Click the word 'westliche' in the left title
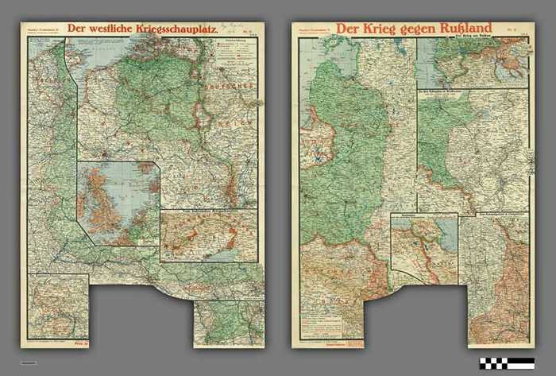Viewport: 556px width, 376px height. (x=113, y=29)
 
